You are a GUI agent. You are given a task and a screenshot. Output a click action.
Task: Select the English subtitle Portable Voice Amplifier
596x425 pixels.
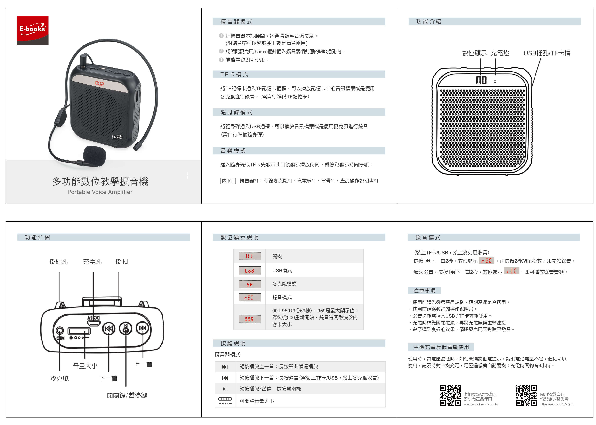(x=100, y=192)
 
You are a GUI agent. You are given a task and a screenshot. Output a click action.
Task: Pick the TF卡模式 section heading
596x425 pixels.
(x=234, y=75)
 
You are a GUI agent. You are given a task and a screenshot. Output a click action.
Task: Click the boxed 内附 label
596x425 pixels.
(x=227, y=181)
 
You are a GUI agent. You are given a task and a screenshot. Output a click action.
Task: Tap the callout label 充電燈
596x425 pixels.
(x=500, y=53)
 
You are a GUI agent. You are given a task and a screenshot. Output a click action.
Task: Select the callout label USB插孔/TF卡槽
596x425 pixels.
(x=547, y=53)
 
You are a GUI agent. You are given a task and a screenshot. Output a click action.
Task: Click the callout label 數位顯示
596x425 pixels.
(x=474, y=53)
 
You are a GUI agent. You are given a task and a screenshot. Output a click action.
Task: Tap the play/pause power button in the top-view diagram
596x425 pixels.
(x=126, y=328)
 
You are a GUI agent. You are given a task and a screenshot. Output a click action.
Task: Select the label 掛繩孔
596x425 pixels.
(x=58, y=262)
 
